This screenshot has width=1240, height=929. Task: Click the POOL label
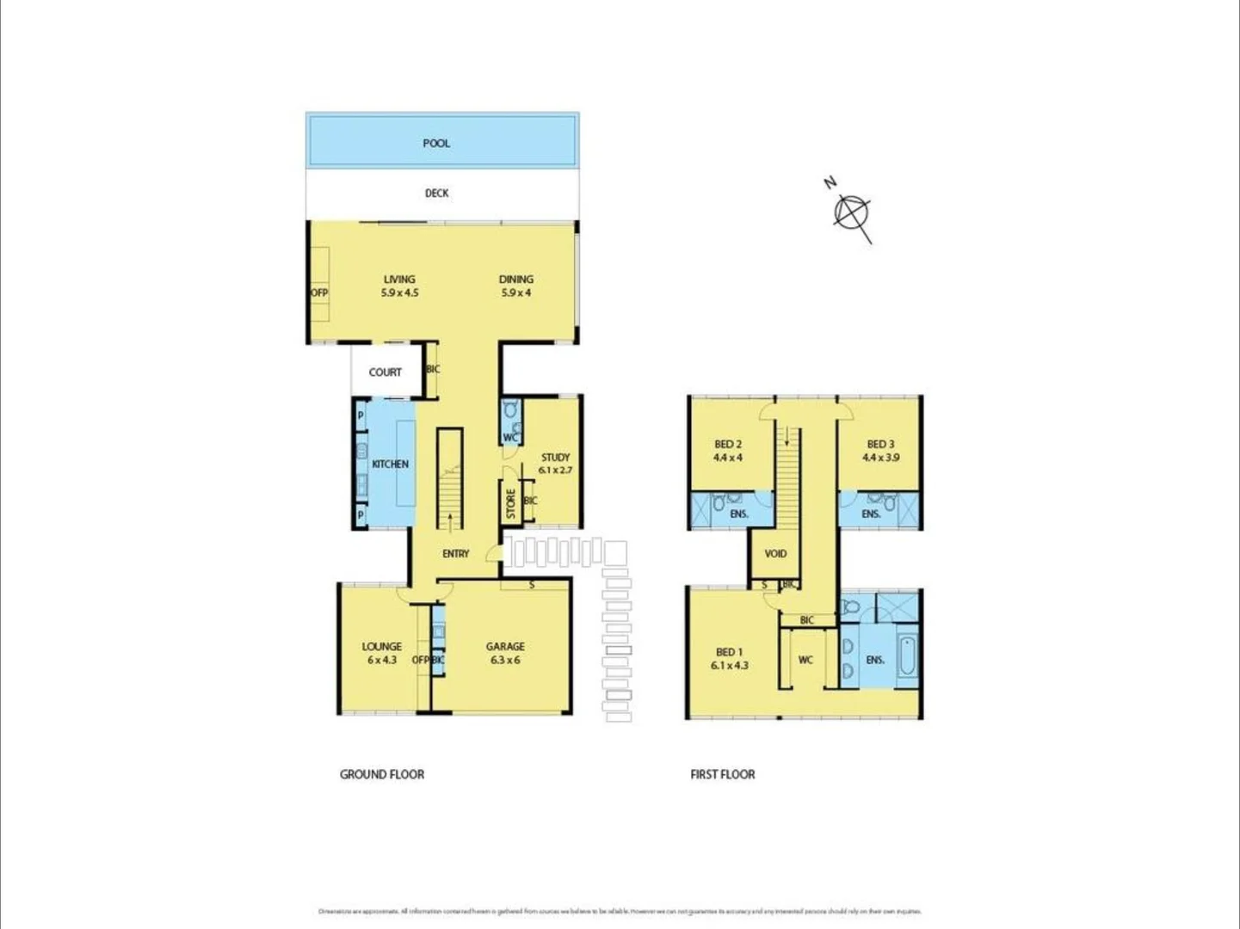436,143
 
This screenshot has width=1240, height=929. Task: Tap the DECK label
436,193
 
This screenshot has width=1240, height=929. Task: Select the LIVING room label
399,279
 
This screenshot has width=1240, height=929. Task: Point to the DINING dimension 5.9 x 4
515,292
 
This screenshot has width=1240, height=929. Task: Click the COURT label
385,372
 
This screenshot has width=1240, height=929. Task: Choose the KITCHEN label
390,464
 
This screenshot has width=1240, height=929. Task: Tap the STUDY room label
555,458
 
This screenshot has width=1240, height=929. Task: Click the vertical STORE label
510,503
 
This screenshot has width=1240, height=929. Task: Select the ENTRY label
455,553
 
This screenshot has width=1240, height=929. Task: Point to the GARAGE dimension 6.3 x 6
505,661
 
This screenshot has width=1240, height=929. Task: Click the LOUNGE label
381,646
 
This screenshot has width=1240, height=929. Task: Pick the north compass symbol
851,211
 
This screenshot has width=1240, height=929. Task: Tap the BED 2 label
728,445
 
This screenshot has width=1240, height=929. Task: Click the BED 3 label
880,445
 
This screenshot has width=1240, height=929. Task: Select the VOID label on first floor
775,553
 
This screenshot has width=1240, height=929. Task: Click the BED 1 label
729,652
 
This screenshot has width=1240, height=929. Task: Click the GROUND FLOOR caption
382,774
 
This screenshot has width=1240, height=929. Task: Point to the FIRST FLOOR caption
722,774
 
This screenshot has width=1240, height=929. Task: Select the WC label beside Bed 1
805,660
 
